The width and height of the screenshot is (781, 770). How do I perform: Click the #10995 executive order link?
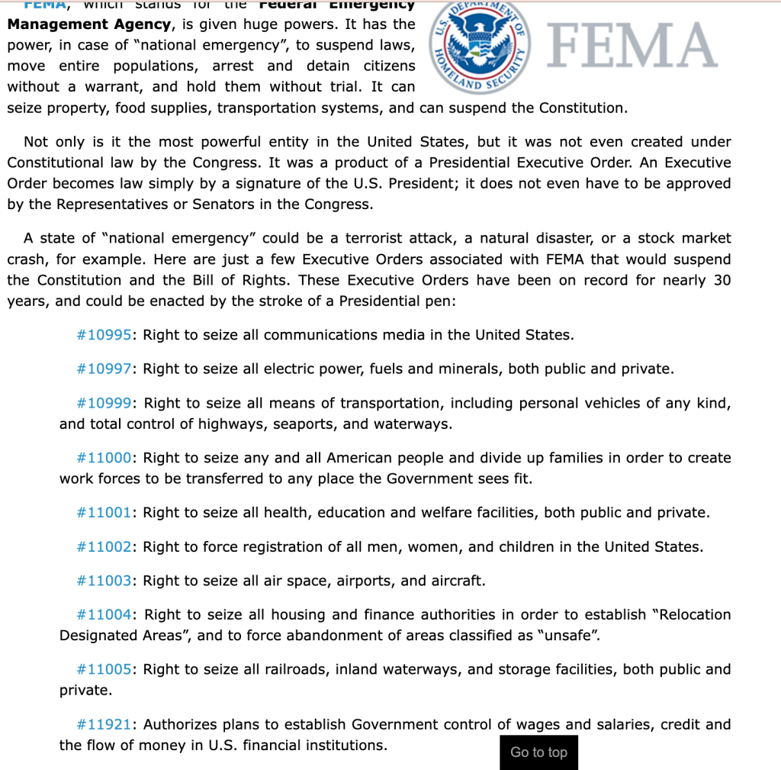tap(105, 335)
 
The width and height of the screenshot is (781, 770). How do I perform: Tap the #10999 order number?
tap(105, 403)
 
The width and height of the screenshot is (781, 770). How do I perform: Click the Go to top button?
tap(538, 752)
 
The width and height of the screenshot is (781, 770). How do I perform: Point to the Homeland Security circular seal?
tap(479, 46)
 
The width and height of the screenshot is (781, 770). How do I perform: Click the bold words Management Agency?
tap(88, 24)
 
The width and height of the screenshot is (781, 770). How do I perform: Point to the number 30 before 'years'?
tap(722, 280)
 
